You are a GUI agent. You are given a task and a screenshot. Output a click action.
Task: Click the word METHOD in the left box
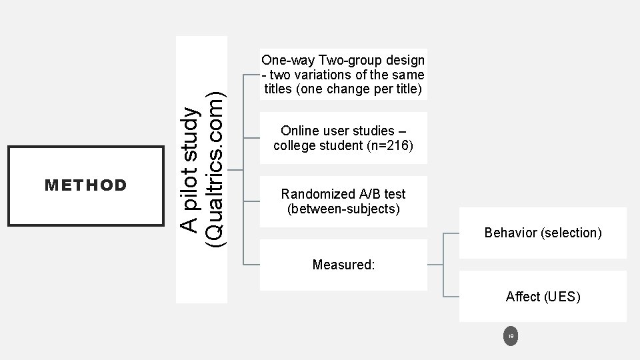[85, 185]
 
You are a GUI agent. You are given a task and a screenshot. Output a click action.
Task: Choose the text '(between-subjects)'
[343, 209]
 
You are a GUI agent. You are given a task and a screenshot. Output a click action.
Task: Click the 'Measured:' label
[343, 265]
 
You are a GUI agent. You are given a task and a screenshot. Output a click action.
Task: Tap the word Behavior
[511, 233]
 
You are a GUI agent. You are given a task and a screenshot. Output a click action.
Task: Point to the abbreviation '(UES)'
[563, 297]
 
